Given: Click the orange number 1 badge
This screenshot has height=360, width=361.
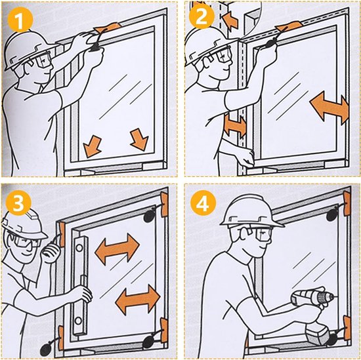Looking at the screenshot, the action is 20,20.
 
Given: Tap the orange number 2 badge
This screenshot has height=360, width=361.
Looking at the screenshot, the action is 202,16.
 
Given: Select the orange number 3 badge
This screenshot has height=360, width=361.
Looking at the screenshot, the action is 18,203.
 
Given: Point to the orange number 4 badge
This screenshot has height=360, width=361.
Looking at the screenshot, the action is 203,203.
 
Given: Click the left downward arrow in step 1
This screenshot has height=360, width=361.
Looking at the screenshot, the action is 92,146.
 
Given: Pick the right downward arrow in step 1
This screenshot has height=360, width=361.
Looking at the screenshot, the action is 139,139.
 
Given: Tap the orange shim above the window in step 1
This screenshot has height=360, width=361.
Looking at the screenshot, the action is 107,28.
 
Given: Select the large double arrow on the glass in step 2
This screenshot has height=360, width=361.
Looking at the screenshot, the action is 329,108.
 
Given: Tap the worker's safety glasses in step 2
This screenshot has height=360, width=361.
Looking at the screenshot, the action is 217,57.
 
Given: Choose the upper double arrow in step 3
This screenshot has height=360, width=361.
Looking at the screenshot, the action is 117,249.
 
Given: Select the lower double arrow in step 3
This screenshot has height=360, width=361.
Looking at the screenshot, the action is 138,300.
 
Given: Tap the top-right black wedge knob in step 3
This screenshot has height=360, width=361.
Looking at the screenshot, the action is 150,216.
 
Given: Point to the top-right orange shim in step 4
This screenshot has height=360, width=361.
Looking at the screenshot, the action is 347,204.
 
